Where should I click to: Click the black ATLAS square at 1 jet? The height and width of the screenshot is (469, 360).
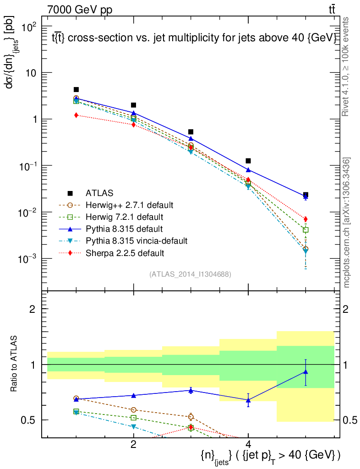[x=76, y=90]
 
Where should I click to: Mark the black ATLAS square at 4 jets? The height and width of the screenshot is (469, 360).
[x=248, y=161]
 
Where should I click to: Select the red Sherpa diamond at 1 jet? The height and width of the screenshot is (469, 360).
[x=76, y=115]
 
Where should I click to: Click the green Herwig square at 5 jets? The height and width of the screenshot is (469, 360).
[x=305, y=229]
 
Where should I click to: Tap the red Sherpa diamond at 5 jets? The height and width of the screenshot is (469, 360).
[x=305, y=219]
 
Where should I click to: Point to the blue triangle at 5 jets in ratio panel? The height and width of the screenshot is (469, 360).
[x=305, y=372]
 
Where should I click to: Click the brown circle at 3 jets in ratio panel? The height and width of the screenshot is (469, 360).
[x=191, y=417]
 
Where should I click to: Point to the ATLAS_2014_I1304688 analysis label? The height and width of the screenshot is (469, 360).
[x=190, y=274]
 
